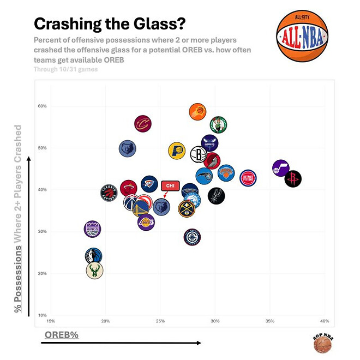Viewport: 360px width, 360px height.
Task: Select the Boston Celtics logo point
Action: (x=218, y=125)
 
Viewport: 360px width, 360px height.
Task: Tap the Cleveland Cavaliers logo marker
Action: (x=142, y=123)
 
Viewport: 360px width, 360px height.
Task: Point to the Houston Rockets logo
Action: (x=293, y=178)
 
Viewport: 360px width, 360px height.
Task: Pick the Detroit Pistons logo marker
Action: (x=248, y=178)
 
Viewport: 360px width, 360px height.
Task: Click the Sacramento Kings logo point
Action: (x=93, y=229)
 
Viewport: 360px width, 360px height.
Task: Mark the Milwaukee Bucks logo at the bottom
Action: (x=94, y=269)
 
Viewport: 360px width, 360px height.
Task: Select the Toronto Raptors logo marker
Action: (x=109, y=193)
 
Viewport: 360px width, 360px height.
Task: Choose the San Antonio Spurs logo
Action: (x=216, y=196)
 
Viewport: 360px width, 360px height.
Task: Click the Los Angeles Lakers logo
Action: (x=146, y=222)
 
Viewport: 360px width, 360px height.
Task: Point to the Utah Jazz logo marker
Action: (x=280, y=169)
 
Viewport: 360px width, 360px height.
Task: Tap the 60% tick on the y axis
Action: (x=42, y=106)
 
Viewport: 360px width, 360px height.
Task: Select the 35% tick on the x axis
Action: (x=269, y=321)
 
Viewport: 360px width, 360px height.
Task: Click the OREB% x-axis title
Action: (x=60, y=334)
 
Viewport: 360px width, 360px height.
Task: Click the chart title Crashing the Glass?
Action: (x=110, y=24)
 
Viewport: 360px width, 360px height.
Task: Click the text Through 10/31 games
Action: (x=65, y=69)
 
